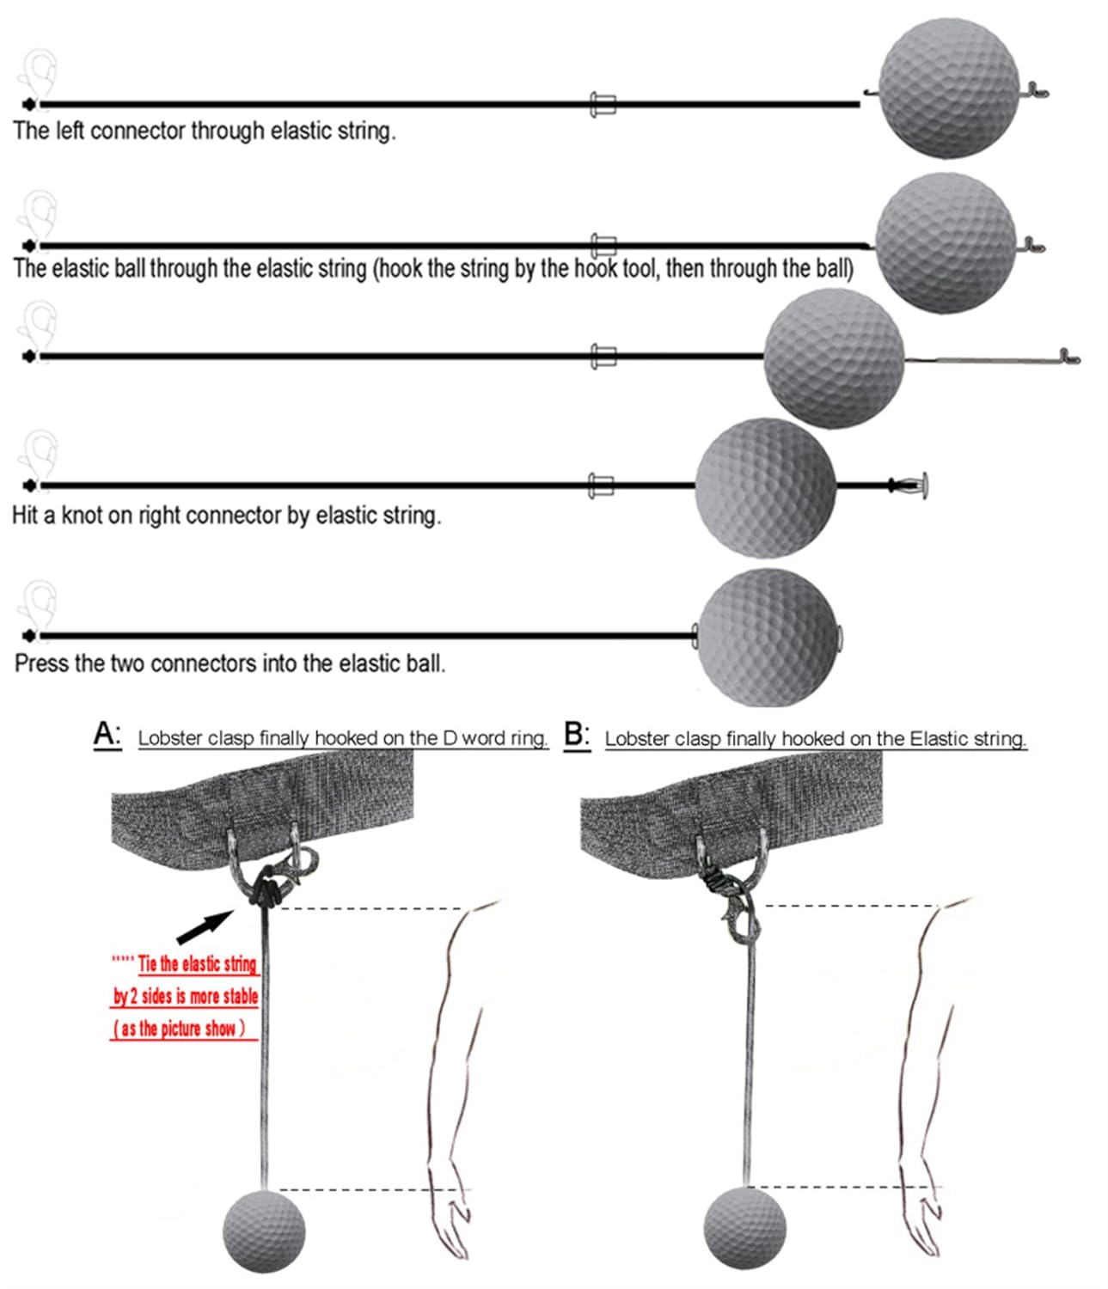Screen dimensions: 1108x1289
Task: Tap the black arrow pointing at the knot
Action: (x=205, y=926)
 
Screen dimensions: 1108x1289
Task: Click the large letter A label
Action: (x=107, y=736)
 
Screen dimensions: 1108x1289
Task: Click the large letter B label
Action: (x=576, y=736)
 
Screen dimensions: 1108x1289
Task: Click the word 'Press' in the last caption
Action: (x=43, y=663)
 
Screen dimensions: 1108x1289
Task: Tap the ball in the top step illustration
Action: (x=949, y=89)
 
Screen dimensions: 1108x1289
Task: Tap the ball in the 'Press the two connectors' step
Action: (x=767, y=637)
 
